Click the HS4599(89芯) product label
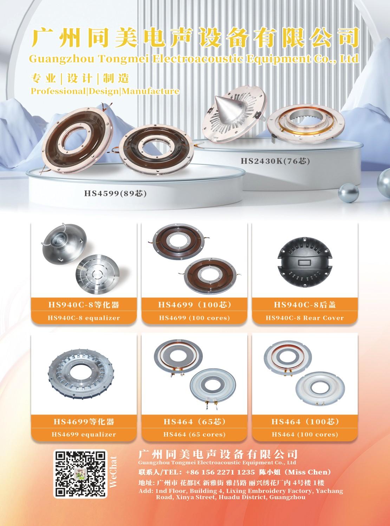coord(115,194)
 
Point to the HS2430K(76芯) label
coord(275,161)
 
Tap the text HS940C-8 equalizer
coord(84,318)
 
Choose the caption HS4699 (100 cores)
coord(194,318)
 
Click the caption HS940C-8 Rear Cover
coord(305,318)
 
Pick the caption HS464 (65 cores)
coord(194,435)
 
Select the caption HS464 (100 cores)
coord(305,435)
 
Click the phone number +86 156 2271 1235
coord(220,472)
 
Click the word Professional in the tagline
coord(58,91)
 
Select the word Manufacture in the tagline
coord(150,91)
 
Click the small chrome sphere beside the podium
coord(348,193)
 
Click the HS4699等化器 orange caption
coord(84,422)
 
